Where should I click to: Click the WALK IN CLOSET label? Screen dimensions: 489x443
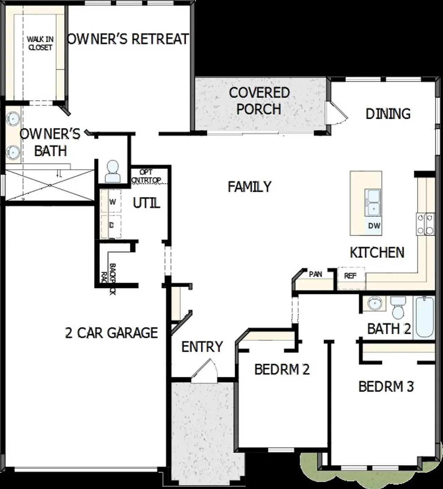coord(40,43)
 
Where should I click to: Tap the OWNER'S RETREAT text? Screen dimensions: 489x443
coord(128,39)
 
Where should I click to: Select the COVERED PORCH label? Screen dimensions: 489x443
coord(259,101)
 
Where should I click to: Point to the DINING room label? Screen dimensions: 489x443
coord(388,114)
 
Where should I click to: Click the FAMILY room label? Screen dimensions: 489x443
coord(250,187)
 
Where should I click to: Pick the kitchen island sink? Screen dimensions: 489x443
coord(372,202)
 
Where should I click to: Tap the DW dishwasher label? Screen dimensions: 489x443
coord(374,226)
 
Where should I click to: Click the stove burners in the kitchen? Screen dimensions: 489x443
coord(425,224)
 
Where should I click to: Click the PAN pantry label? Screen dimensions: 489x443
coord(315,274)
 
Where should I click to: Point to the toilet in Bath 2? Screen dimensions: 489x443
coord(397,308)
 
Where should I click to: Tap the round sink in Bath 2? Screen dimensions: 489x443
coord(374,304)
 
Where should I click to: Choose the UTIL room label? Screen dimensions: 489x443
coord(146,203)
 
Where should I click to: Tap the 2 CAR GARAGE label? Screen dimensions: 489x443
coord(111,333)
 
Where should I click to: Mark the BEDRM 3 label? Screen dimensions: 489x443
coord(386,386)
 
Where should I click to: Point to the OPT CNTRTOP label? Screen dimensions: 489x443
coord(146,176)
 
